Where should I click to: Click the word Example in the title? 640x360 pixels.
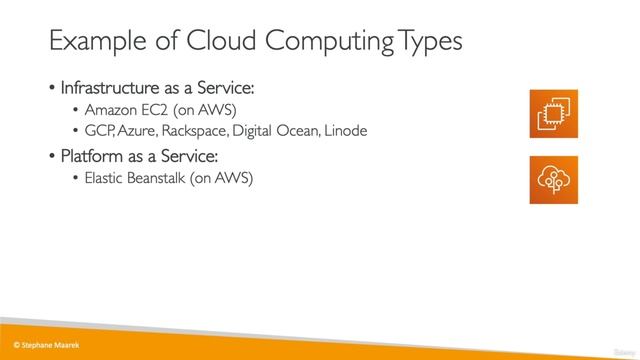click(93, 42)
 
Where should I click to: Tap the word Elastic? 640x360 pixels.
click(109, 179)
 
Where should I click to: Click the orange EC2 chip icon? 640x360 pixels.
click(554, 112)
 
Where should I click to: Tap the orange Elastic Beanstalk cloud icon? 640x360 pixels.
click(554, 179)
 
